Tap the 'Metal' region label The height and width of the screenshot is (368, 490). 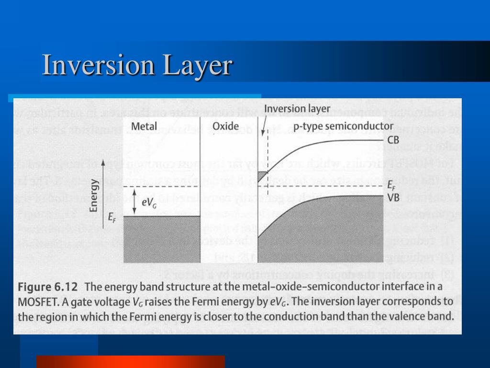[x=144, y=126]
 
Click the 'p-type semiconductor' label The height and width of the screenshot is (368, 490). [x=343, y=126]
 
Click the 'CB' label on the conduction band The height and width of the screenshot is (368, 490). [x=393, y=140]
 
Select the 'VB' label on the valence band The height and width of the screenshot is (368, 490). [x=393, y=196]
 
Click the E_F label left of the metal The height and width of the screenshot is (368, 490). [x=111, y=217]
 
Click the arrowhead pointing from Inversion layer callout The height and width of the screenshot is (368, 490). [x=263, y=130]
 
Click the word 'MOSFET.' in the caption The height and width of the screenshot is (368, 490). [x=36, y=302]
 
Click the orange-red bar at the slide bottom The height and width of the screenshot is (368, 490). [x=130, y=361]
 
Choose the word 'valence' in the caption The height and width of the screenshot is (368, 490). [x=405, y=317]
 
